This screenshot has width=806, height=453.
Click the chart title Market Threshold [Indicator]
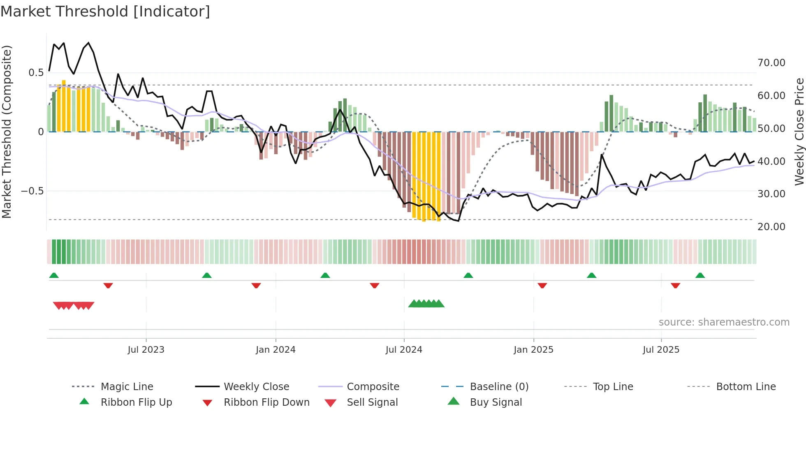[x=105, y=12]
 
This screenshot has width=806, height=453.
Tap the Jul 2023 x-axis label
[x=146, y=350]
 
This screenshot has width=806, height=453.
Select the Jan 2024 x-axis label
[x=275, y=350]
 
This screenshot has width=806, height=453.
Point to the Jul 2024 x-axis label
[x=404, y=350]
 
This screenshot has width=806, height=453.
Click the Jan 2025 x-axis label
[x=533, y=350]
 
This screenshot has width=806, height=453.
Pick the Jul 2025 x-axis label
[x=661, y=350]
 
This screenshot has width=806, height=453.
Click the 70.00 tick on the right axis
[x=771, y=63]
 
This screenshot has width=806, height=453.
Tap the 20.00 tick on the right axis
[x=771, y=227]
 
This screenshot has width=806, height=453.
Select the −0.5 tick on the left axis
[x=32, y=191]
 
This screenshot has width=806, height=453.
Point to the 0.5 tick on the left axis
[x=36, y=73]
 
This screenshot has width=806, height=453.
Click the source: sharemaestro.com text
[x=724, y=322]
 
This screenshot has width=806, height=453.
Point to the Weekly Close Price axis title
[x=799, y=132]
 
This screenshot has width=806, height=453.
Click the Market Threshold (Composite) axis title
[x=7, y=132]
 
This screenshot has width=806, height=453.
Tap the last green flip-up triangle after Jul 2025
[x=700, y=275]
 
